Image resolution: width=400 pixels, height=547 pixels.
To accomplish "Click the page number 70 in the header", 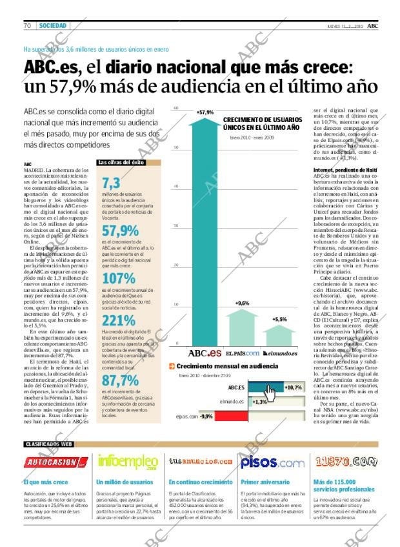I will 28,25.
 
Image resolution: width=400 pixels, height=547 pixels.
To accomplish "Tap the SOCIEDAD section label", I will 52,25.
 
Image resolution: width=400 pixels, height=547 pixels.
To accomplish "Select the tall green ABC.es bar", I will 205,232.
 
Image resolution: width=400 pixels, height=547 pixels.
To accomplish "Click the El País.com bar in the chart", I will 243,327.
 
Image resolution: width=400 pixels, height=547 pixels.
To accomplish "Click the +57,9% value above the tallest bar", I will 205,112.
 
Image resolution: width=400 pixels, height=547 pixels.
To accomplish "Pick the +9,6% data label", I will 243,303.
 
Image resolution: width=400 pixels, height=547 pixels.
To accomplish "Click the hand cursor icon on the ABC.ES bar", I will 269,393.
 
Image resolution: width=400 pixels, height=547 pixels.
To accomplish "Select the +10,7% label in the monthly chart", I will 293,387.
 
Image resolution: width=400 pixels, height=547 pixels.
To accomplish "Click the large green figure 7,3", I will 111,183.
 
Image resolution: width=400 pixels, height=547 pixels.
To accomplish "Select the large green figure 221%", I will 119,320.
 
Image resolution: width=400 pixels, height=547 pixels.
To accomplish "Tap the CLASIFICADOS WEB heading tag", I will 48,444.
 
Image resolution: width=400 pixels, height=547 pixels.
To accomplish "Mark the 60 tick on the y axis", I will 176,108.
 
